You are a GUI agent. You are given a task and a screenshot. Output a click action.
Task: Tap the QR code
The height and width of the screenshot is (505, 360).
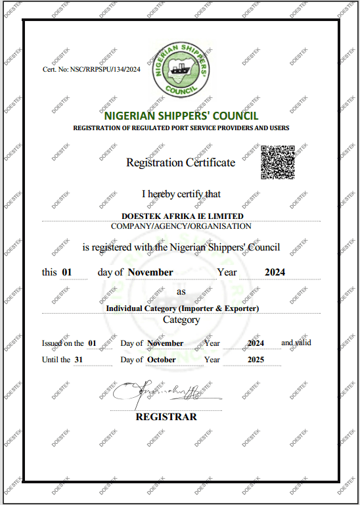[x=277, y=162]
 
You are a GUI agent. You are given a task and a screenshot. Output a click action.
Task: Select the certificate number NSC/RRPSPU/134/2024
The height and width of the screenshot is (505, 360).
[x=91, y=69]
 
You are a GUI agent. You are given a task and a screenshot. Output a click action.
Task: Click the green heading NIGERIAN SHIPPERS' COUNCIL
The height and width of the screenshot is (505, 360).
[x=181, y=116]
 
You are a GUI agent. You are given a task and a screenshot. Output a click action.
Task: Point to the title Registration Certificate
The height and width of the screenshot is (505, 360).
[x=180, y=162]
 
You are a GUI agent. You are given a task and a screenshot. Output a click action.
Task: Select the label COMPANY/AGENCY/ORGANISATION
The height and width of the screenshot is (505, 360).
[x=181, y=226]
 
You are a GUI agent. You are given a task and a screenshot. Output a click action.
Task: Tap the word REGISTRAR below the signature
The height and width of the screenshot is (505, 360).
[x=166, y=417]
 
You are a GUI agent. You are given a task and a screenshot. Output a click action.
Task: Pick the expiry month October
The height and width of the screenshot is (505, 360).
[x=162, y=360]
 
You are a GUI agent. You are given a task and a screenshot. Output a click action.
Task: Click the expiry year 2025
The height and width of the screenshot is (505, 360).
[x=256, y=360]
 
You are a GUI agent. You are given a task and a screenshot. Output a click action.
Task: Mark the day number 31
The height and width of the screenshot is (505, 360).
[x=79, y=360]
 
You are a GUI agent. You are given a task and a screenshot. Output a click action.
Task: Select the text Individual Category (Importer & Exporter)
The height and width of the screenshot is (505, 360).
[x=182, y=308]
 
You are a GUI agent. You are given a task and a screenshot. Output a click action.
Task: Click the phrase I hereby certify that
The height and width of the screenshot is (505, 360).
[x=181, y=194]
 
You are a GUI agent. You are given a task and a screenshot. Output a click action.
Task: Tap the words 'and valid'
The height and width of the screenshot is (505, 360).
[x=296, y=343]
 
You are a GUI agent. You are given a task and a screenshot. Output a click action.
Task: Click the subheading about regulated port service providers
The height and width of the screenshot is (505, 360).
[x=181, y=128]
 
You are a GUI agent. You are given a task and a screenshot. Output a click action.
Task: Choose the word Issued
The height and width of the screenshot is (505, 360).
[x=53, y=343]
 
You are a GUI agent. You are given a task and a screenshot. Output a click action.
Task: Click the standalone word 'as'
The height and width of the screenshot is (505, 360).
[x=181, y=291]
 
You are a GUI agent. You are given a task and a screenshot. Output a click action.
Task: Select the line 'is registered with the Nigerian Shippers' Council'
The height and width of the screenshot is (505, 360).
[x=181, y=247]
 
